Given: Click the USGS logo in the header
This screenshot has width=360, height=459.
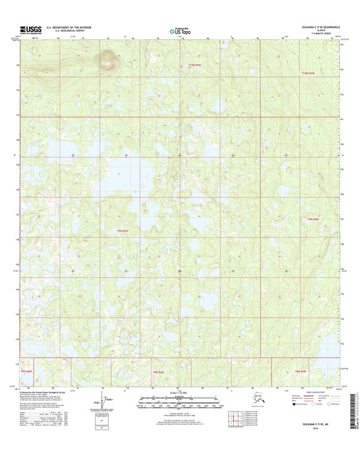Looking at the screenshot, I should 31,30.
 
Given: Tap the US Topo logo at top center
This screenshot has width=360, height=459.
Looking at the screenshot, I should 180,30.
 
